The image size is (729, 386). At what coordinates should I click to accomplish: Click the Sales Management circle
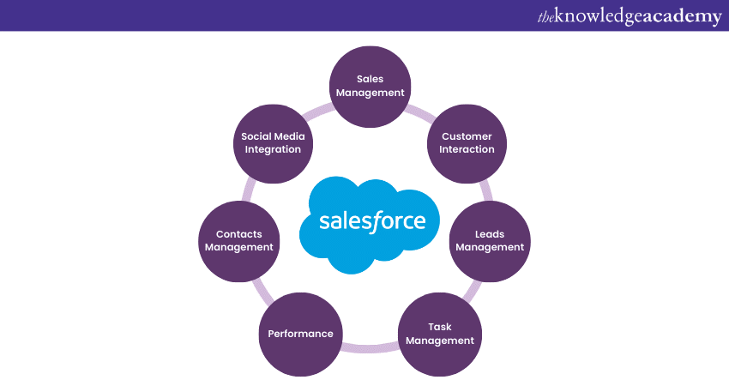[x=370, y=86]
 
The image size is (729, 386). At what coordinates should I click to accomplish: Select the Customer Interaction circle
[x=467, y=142]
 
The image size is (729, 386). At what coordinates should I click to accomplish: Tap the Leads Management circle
[x=490, y=240]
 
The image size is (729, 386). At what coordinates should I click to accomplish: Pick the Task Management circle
[x=439, y=333]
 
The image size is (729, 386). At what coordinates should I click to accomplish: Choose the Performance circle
[x=300, y=334]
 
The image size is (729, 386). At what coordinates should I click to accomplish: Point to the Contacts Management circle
[x=238, y=240]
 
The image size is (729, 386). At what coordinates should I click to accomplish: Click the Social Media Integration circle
[x=273, y=142]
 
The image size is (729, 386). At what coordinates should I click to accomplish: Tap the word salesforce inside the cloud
[x=372, y=220]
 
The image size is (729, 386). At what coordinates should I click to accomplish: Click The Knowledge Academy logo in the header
[x=629, y=16]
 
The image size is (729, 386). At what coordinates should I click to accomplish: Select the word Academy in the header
[x=682, y=16]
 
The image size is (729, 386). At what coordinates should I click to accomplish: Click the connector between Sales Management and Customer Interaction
[x=420, y=109]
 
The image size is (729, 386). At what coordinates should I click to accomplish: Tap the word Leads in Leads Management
[x=490, y=233]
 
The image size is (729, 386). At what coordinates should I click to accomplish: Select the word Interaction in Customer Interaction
[x=467, y=149]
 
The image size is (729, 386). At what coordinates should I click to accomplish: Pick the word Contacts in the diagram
[x=238, y=233]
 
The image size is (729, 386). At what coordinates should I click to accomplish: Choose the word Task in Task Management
[x=440, y=326]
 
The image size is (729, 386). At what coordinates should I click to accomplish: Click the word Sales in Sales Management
[x=370, y=79]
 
